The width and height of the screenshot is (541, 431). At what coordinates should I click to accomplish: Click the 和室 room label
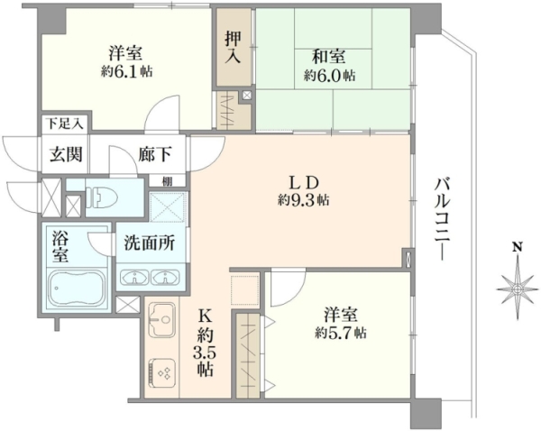click(328, 56)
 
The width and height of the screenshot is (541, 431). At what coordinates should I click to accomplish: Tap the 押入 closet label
click(233, 47)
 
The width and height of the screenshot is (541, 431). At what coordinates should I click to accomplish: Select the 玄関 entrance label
click(66, 154)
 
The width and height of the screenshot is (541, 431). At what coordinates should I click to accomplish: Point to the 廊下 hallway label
click(155, 154)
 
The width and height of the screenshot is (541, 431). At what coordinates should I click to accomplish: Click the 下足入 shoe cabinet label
click(65, 124)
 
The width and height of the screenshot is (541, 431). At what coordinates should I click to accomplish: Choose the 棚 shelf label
click(168, 181)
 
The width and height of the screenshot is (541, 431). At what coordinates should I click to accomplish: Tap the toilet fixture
click(101, 197)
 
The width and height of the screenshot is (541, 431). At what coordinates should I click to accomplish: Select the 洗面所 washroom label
click(149, 243)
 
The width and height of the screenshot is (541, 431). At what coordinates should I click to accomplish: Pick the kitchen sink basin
click(161, 319)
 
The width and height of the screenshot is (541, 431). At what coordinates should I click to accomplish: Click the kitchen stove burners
click(161, 372)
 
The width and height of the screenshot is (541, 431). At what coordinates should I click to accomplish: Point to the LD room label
click(303, 183)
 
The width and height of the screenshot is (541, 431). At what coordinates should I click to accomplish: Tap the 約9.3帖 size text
click(303, 200)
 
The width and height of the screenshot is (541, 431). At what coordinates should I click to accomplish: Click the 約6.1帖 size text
click(126, 72)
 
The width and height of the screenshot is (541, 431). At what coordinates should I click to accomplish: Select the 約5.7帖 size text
click(341, 333)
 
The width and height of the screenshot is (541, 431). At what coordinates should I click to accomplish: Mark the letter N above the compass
click(517, 246)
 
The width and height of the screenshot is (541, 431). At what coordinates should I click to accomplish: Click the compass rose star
click(518, 289)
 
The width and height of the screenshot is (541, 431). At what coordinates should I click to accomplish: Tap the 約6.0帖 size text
click(329, 75)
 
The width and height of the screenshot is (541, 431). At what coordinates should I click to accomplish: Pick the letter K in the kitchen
click(205, 315)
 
